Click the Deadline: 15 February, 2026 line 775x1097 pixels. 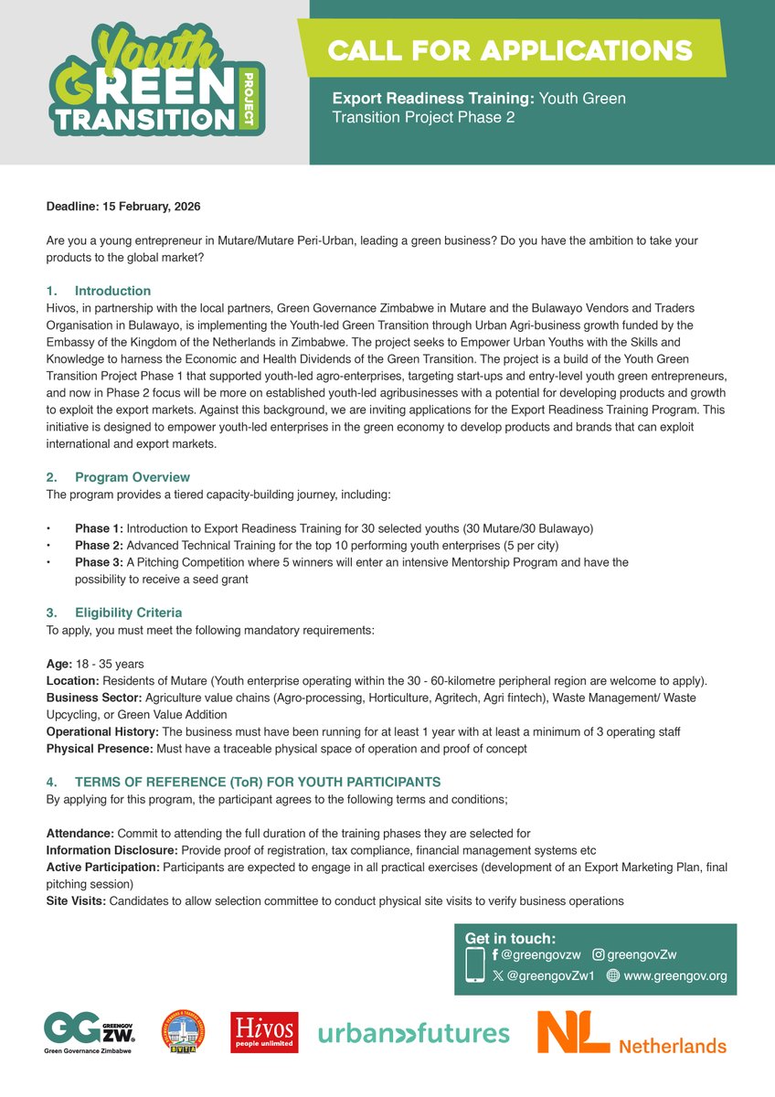[x=123, y=207]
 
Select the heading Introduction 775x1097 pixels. [x=112, y=291]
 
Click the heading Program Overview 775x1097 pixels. [x=133, y=477]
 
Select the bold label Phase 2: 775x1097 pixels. [x=99, y=546]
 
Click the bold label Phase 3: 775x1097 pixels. [x=99, y=562]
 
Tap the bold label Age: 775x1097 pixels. [x=59, y=664]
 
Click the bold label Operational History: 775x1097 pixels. [x=102, y=732]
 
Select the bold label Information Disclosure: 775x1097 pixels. [x=106, y=849]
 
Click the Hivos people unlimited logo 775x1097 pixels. [x=264, y=1032]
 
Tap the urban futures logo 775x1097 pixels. [x=413, y=1034]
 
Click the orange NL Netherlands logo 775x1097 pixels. [x=632, y=1033]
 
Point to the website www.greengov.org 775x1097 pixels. [x=674, y=975]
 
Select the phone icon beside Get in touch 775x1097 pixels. [x=475, y=965]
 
